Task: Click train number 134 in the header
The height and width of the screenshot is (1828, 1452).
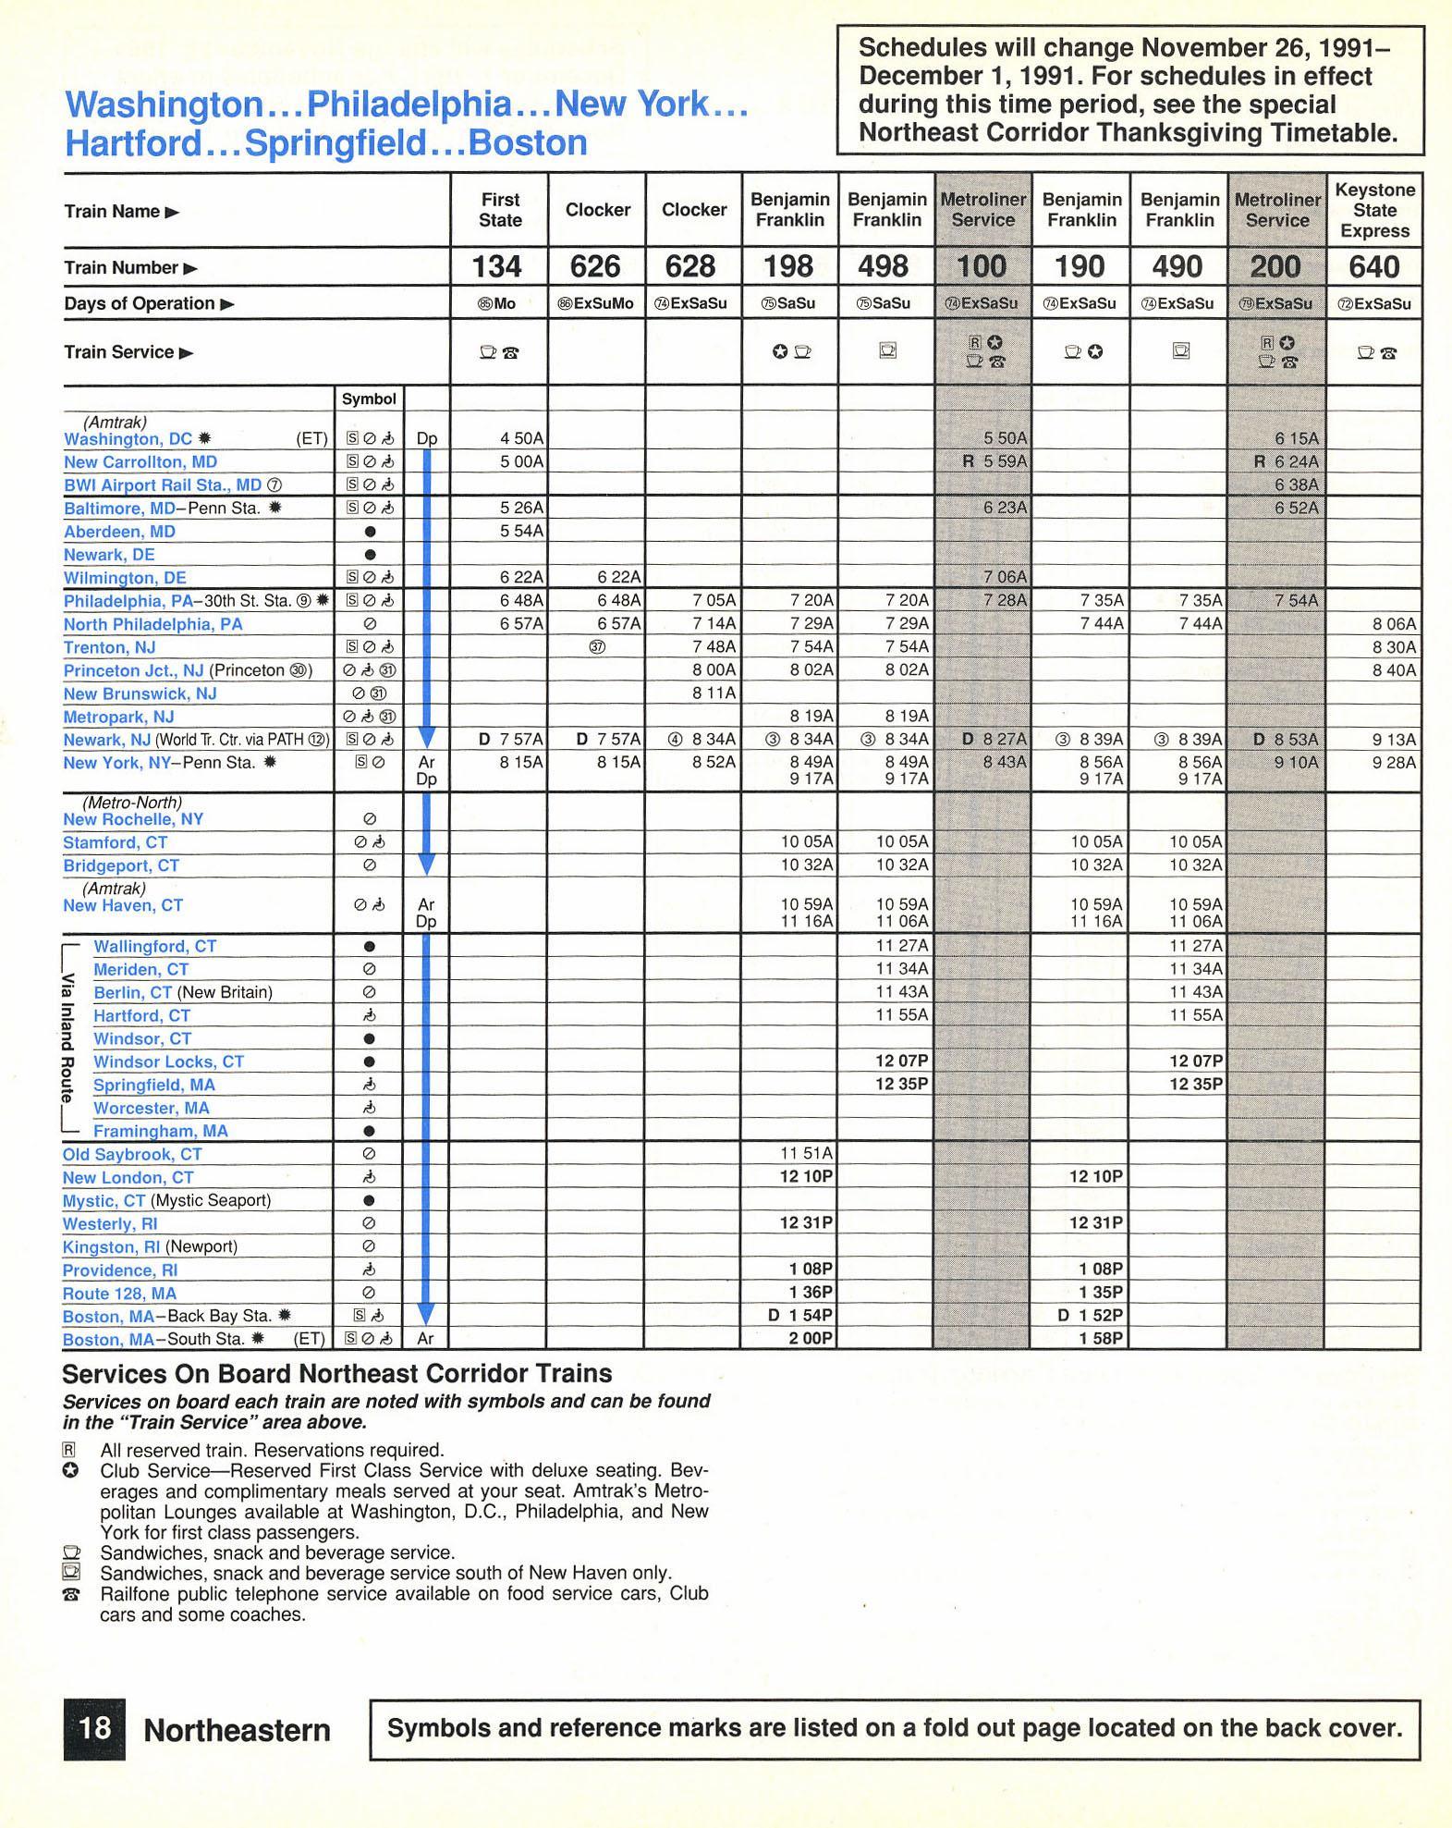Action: pos(497,267)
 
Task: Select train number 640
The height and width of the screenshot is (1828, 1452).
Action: pos(1373,267)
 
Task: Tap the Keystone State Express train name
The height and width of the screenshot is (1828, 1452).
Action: pos(1374,210)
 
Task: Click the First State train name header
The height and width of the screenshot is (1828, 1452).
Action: pos(500,210)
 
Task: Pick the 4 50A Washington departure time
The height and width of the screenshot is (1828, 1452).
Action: pos(521,438)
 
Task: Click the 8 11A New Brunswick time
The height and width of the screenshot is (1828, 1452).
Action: pos(714,693)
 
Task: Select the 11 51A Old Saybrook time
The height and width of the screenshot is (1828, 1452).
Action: pos(807,1153)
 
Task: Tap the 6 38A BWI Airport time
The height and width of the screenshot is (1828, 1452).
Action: pos(1297,485)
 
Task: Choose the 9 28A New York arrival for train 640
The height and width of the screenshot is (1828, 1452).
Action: pos(1394,763)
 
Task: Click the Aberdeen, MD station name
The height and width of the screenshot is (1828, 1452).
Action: pos(119,532)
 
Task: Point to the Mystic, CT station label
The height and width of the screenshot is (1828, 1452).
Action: pos(104,1200)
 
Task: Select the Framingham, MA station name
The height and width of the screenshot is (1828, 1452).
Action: pos(160,1131)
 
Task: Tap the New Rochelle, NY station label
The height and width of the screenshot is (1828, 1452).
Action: pos(133,819)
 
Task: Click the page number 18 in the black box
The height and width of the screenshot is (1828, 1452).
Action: pos(94,1728)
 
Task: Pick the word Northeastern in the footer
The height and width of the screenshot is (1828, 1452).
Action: pos(237,1730)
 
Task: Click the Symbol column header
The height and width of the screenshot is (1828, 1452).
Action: pos(369,399)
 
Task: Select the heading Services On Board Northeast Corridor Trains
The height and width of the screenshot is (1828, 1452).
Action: pos(337,1374)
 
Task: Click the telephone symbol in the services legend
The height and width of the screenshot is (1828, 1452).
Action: pos(70,1594)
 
